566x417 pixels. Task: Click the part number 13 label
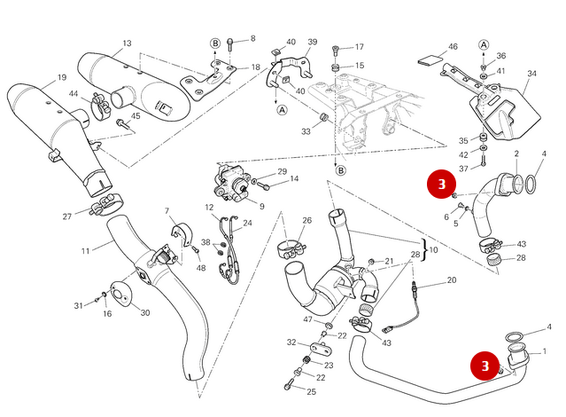pos(127,43)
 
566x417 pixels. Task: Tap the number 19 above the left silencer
pos(62,78)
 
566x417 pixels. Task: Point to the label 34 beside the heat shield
pos(531,75)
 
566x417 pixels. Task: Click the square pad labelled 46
pos(428,62)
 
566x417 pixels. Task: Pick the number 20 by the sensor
pos(451,280)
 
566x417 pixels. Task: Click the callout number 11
pos(86,251)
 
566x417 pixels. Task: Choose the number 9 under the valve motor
pos(262,207)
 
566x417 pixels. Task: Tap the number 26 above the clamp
pos(306,221)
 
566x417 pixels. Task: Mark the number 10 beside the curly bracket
pos(433,250)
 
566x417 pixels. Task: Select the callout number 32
pos(291,342)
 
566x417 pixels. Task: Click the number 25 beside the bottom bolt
pos(310,390)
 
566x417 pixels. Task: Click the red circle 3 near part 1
pos(485,365)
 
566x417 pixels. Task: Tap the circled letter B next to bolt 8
pos(214,43)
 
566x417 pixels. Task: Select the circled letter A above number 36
pos(484,43)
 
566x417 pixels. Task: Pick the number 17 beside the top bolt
pos(359,47)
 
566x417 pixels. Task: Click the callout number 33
pos(306,131)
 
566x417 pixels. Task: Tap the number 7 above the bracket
pos(166,210)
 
